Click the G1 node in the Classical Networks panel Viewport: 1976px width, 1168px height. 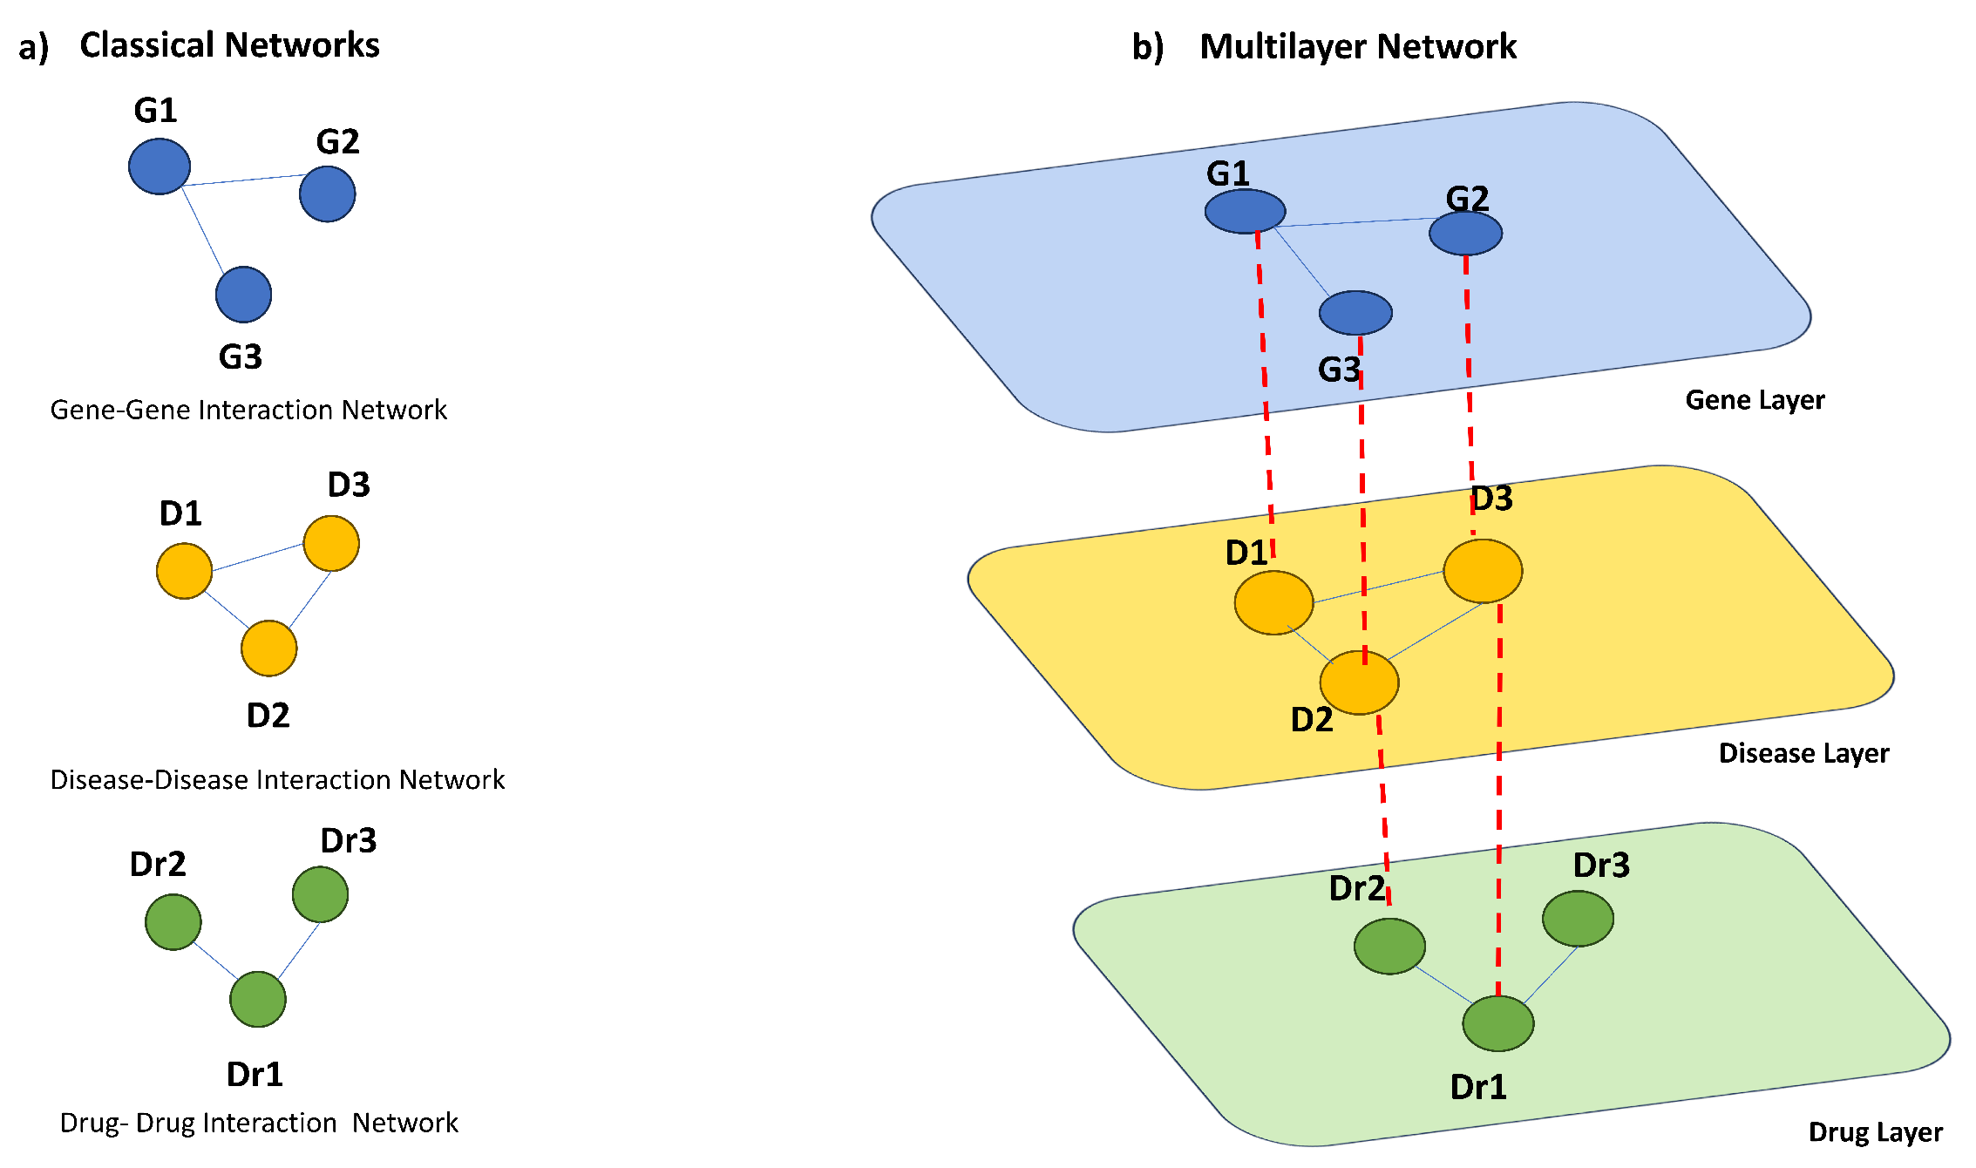pyautogui.click(x=160, y=166)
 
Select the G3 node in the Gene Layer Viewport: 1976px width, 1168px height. pyautogui.click(x=1355, y=312)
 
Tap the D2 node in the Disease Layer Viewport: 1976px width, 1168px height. pyautogui.click(x=1359, y=682)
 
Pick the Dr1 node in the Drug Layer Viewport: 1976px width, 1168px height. pyautogui.click(x=1497, y=1023)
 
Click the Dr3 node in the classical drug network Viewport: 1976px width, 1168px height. pyautogui.click(x=320, y=893)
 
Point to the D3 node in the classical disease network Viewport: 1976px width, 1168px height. pyautogui.click(x=331, y=543)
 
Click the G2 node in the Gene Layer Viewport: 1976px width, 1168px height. pyautogui.click(x=1465, y=233)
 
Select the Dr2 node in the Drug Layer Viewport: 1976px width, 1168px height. pyautogui.click(x=1389, y=946)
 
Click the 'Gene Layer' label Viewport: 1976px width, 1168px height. pyautogui.click(x=1754, y=400)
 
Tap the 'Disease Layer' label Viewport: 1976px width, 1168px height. pyautogui.click(x=1803, y=753)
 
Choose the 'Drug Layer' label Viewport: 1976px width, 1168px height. pyautogui.click(x=1875, y=1131)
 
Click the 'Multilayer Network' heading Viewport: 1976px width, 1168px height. pyautogui.click(x=1357, y=46)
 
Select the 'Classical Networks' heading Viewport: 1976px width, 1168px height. pyautogui.click(x=229, y=45)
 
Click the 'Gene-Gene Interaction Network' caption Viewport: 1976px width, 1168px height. pyautogui.click(x=248, y=410)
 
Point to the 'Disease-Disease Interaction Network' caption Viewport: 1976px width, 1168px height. pyautogui.click(x=277, y=779)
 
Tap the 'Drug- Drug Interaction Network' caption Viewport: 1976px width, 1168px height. pyautogui.click(x=259, y=1123)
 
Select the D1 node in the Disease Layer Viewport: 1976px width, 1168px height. pyautogui.click(x=1273, y=602)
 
